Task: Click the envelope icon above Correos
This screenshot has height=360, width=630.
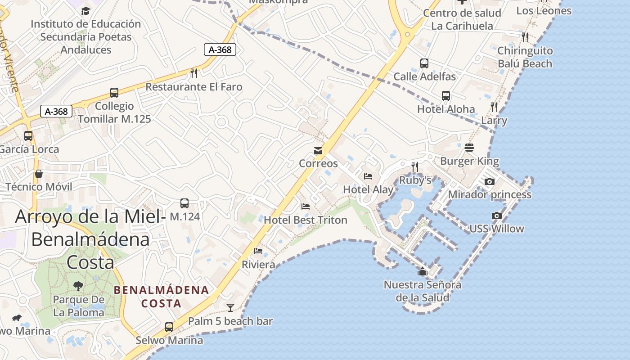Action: point(318,151)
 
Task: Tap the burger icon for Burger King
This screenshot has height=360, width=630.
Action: point(469,148)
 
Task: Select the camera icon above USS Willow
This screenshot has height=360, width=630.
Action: point(497,216)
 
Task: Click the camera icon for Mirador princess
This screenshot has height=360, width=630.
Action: point(490,182)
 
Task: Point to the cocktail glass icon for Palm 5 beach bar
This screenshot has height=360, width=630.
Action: point(230,308)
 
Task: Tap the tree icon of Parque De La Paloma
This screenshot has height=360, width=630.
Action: point(78,286)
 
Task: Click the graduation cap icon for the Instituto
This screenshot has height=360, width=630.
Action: point(85,11)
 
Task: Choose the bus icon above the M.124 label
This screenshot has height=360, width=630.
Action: point(184,203)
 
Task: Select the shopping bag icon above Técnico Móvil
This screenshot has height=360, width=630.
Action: point(39,174)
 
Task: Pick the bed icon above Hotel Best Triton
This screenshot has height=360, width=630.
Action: point(306,207)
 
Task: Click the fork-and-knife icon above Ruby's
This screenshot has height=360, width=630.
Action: point(415,167)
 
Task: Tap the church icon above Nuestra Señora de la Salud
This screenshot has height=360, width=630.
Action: point(422,271)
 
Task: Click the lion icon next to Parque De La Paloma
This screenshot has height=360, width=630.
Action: point(17,318)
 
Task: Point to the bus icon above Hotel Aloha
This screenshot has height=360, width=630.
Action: point(446,96)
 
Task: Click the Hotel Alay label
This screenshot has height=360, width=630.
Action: point(369,189)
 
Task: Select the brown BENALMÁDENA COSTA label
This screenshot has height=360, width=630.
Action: point(161,297)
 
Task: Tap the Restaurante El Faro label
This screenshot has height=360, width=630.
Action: point(194,87)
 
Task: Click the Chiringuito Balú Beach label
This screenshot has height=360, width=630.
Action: point(525,57)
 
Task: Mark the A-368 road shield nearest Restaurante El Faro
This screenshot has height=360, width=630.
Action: point(220,49)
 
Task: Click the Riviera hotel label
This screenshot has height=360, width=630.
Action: point(258,265)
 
